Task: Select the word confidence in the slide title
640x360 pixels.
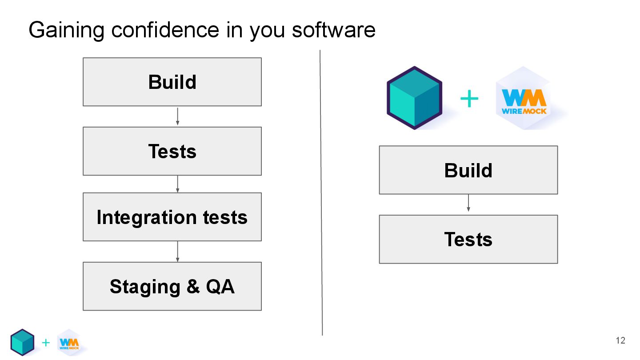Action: point(165,30)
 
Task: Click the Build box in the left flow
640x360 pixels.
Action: point(172,82)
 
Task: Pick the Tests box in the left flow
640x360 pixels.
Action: point(172,151)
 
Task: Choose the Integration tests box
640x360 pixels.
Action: point(172,217)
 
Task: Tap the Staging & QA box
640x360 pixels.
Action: point(172,286)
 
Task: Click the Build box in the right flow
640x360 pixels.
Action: point(468,170)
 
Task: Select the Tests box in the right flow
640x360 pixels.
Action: point(468,239)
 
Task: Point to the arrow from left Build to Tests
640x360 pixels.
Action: point(178,116)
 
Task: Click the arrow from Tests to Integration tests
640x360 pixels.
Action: point(178,184)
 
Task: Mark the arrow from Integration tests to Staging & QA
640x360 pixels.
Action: point(178,252)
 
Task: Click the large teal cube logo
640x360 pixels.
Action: point(414,98)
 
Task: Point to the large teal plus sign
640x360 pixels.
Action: point(469,99)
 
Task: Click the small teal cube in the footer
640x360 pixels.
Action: point(22,342)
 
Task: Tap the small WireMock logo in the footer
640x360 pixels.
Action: point(69,343)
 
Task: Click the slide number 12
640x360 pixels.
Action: point(620,341)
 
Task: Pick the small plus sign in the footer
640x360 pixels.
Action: point(46,343)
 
